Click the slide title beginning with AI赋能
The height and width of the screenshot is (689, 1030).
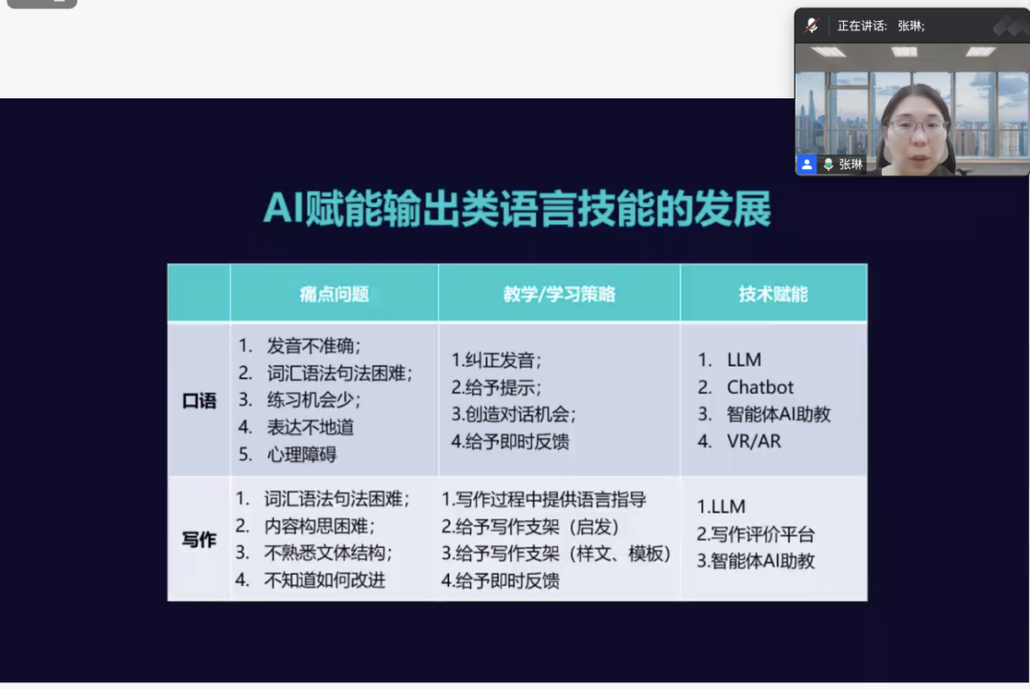[517, 209]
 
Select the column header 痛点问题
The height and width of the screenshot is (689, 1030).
[335, 294]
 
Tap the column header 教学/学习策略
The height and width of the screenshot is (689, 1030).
[559, 294]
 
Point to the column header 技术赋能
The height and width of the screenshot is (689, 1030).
[773, 294]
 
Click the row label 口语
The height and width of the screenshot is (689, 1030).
[199, 401]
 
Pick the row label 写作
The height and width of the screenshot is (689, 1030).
[199, 540]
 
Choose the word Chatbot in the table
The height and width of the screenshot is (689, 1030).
[760, 387]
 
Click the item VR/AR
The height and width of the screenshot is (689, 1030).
[753, 441]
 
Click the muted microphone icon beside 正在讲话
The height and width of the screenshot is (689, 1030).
[812, 26]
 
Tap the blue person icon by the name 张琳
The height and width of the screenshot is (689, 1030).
[807, 164]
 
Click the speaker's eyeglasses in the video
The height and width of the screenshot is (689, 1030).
[917, 126]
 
